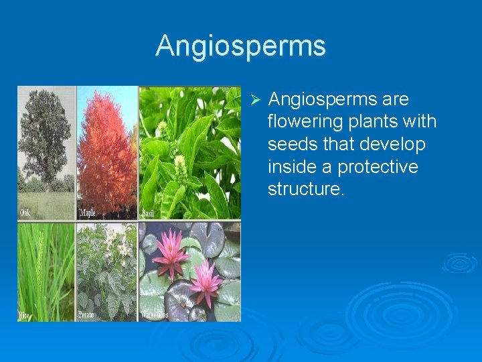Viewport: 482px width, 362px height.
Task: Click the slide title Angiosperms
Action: [240, 46]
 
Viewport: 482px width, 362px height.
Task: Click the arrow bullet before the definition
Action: [254, 100]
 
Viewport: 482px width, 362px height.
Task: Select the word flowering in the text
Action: [308, 122]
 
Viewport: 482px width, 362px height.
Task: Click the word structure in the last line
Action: [305, 189]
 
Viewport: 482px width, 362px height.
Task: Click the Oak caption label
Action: [25, 213]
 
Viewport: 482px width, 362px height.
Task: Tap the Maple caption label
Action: [88, 213]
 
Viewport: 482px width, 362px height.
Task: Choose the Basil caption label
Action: [149, 214]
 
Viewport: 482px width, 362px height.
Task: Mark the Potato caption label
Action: [86, 315]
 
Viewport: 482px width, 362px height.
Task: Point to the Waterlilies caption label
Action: [155, 315]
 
